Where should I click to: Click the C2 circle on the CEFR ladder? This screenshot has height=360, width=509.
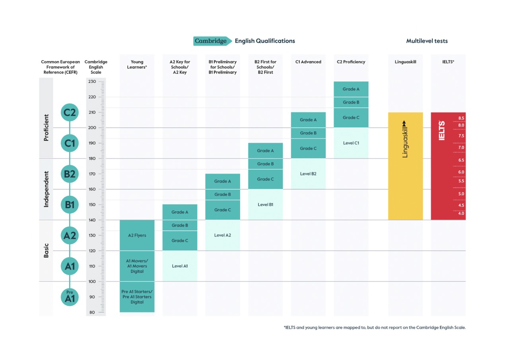pyautogui.click(x=70, y=112)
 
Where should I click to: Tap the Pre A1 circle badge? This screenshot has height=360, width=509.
pyautogui.click(x=70, y=297)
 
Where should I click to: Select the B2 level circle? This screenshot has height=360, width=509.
pyautogui.click(x=70, y=174)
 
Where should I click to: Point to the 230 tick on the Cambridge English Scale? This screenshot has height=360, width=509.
pyautogui.click(x=92, y=82)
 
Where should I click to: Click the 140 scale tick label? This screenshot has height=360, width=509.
pyautogui.click(x=92, y=220)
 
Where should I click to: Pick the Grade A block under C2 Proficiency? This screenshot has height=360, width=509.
pyautogui.click(x=351, y=89)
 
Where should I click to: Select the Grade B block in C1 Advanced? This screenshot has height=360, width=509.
pyautogui.click(x=308, y=133)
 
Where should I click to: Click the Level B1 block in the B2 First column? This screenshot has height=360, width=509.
pyautogui.click(x=265, y=204)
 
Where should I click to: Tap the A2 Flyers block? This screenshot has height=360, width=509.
pyautogui.click(x=137, y=235)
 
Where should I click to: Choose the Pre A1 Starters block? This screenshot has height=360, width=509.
pyautogui.click(x=137, y=297)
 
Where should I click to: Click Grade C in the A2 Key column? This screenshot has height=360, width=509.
pyautogui.click(x=180, y=241)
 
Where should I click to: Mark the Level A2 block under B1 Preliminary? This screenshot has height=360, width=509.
pyautogui.click(x=223, y=235)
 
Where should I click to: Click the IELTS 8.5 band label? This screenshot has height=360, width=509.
pyautogui.click(x=461, y=118)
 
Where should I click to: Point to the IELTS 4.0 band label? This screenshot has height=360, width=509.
pyautogui.click(x=461, y=213)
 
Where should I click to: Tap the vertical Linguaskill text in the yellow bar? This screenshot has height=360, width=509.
pyautogui.click(x=405, y=139)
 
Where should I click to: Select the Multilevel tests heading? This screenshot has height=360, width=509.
pyautogui.click(x=427, y=41)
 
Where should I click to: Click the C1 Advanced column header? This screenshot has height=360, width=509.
pyautogui.click(x=308, y=62)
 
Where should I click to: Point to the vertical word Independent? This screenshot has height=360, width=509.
pyautogui.click(x=46, y=189)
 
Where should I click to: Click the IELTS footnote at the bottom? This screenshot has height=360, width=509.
pyautogui.click(x=375, y=327)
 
